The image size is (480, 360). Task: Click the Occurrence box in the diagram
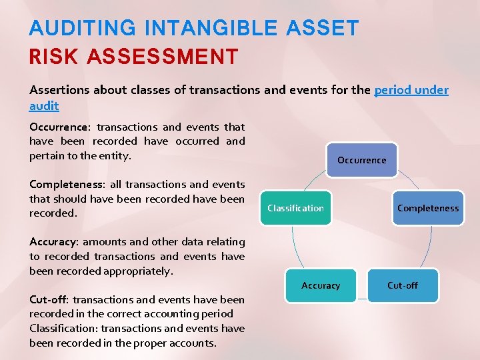pyautogui.click(x=361, y=160)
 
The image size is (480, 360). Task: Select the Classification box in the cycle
pyautogui.click(x=295, y=208)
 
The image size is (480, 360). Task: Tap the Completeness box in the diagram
pyautogui.click(x=428, y=208)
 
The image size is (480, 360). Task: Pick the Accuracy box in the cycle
pyautogui.click(x=321, y=285)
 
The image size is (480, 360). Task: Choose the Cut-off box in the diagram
pyautogui.click(x=403, y=285)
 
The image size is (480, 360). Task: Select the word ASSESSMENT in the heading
pyautogui.click(x=161, y=57)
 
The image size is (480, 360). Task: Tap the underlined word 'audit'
pyautogui.click(x=44, y=105)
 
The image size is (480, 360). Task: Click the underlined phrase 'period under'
pyautogui.click(x=411, y=90)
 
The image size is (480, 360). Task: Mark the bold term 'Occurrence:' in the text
pyautogui.click(x=59, y=127)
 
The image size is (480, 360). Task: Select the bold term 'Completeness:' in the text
pyautogui.click(x=65, y=185)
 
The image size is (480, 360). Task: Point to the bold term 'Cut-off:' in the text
pyautogui.click(x=50, y=300)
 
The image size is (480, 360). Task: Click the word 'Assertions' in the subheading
pyautogui.click(x=61, y=90)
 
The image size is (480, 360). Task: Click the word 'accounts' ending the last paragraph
pyautogui.click(x=193, y=343)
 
